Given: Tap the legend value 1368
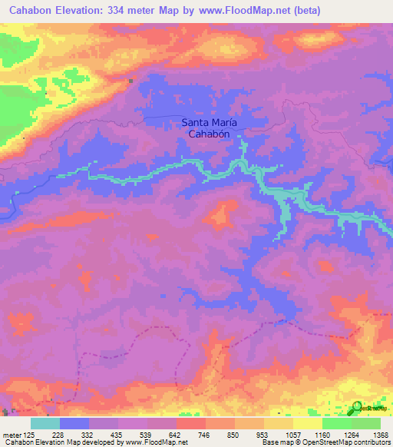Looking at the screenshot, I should click(x=380, y=434).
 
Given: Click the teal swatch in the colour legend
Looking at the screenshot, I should click(x=45, y=423).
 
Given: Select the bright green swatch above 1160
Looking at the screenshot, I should click(x=336, y=423).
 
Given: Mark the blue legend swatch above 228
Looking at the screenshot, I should click(x=74, y=423).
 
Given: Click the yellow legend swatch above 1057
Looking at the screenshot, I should click(x=279, y=423).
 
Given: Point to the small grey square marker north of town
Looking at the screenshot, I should click(x=131, y=79).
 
